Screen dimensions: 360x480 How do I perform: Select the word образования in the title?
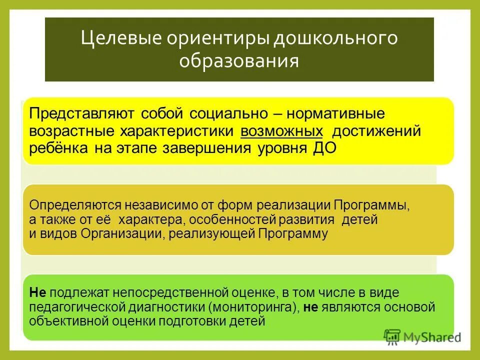[239, 61]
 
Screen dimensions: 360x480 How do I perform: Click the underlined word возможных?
[281, 131]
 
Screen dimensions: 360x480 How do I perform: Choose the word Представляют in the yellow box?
[81, 113]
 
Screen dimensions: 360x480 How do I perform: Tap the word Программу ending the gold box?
[293, 233]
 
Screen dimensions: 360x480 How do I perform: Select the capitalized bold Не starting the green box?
[37, 292]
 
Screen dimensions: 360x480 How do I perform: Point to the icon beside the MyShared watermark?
[392, 337]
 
